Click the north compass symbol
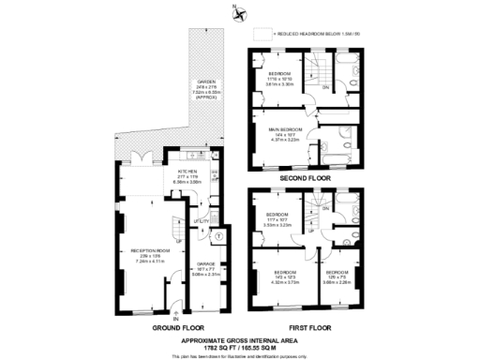tap(240, 13)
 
